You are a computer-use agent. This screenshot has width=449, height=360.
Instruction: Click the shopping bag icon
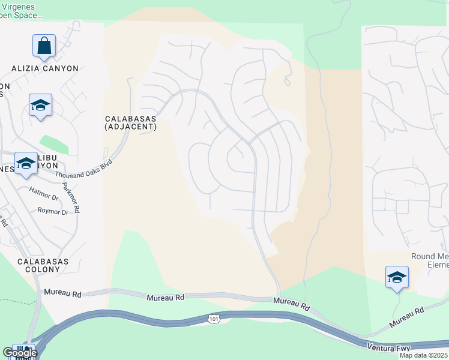pyautogui.click(x=44, y=46)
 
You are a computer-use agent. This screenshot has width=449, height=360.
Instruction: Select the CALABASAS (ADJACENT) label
pyautogui.click(x=130, y=122)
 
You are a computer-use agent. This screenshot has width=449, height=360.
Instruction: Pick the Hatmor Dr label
pyautogui.click(x=43, y=193)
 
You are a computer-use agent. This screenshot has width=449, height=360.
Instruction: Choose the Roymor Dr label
pyautogui.click(x=53, y=212)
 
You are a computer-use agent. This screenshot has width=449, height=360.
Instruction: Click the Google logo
pyautogui.click(x=19, y=353)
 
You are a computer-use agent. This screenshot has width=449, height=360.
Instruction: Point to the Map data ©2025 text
pyautogui.click(x=424, y=355)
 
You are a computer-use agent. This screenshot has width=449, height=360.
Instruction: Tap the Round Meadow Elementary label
pyautogui.click(x=429, y=260)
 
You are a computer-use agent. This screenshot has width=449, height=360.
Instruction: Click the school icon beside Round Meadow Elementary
pyautogui.click(x=396, y=277)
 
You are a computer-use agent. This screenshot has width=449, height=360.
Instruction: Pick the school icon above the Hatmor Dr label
pyautogui.click(x=26, y=163)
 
